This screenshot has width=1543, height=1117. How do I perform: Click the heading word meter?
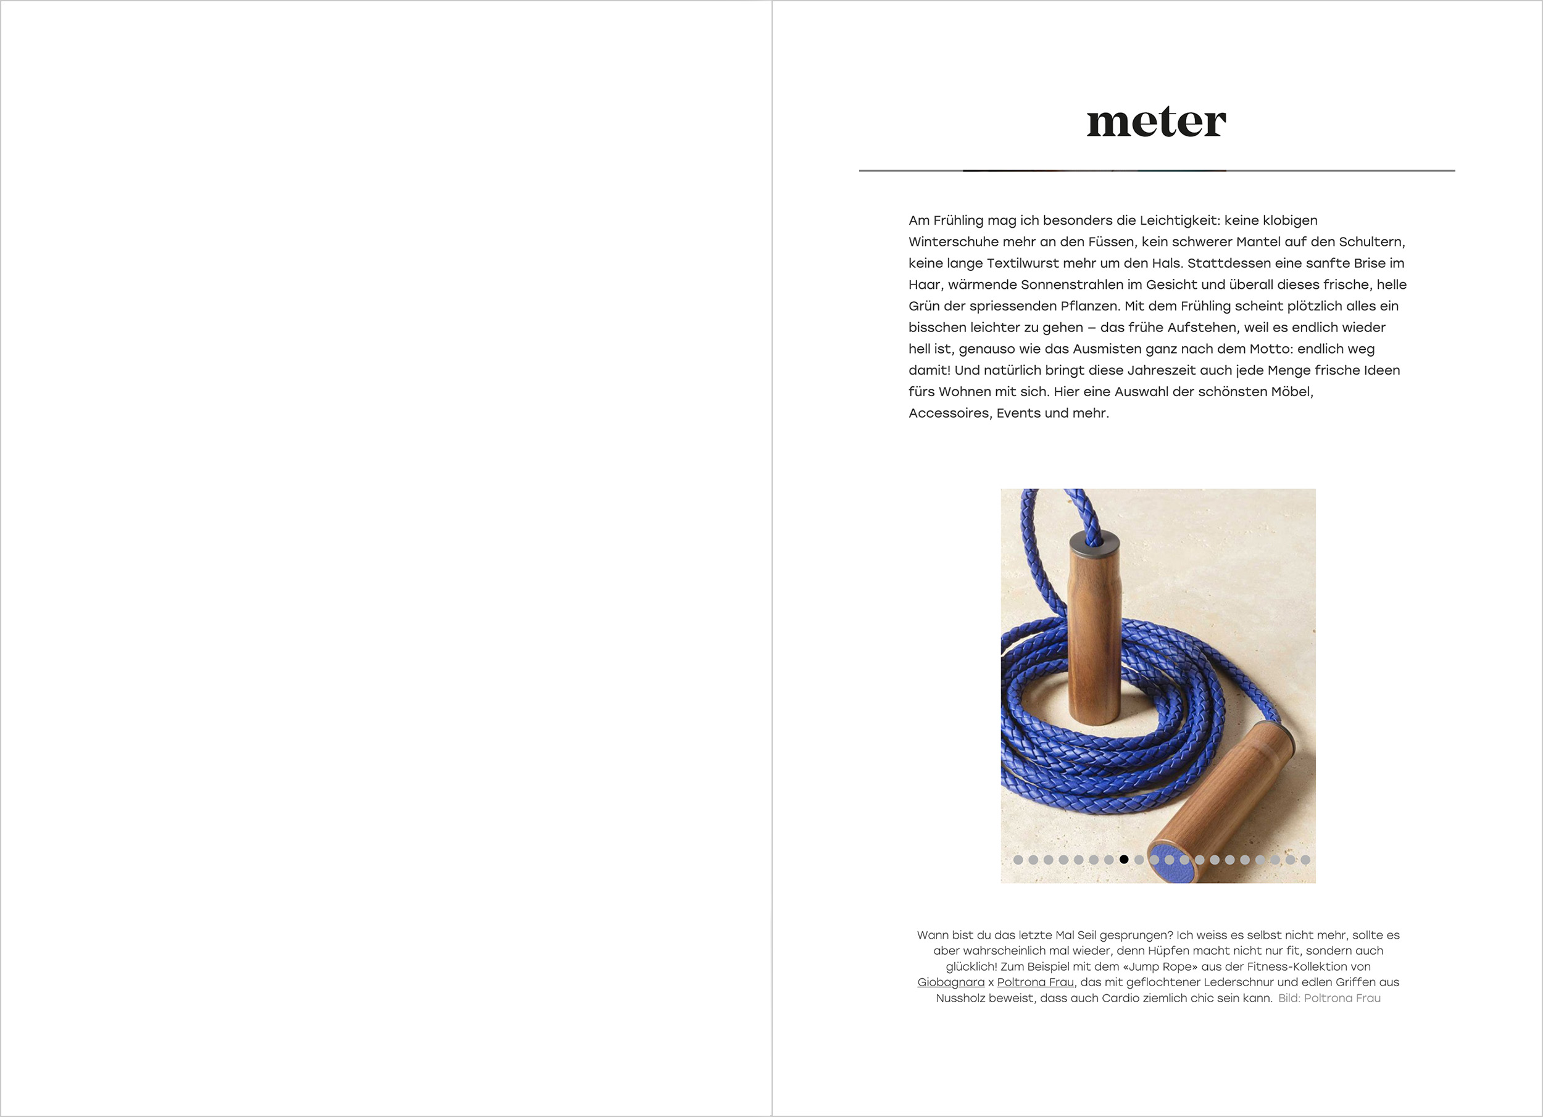[x=1156, y=122]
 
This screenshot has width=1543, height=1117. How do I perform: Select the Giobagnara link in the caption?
[x=950, y=982]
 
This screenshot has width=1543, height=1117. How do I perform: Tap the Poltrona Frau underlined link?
[x=1036, y=982]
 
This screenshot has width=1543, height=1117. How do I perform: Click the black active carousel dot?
[x=1124, y=859]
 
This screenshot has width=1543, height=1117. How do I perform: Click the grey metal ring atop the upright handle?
[x=1095, y=541]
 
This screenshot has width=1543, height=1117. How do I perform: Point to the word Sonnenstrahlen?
[x=1080, y=284]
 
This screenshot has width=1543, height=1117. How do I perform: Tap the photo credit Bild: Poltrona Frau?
[x=1329, y=998]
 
